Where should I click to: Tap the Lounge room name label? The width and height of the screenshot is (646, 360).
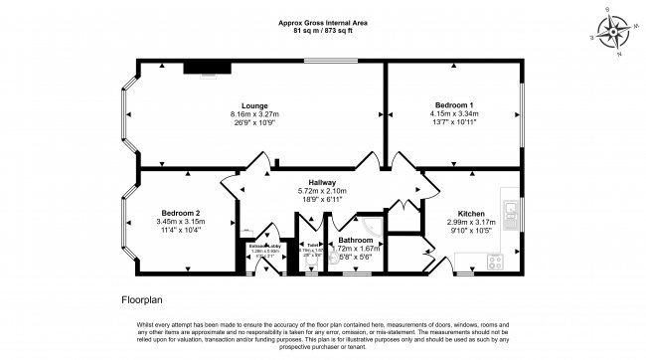coord(254,104)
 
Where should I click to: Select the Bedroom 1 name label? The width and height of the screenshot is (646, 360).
coord(453,104)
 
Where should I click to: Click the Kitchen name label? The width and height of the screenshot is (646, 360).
coord(471,213)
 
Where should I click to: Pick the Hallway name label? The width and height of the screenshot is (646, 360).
coord(322,182)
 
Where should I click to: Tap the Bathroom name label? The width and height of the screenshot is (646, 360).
coord(356,241)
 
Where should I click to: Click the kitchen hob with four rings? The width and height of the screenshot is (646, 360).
coord(493,263)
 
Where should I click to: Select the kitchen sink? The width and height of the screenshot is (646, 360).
coord(511,210)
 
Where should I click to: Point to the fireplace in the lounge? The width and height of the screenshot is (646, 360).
coord(208,68)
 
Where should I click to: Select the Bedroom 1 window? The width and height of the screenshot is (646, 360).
coord(522,115)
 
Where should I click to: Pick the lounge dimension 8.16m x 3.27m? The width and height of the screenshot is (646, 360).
coord(254,113)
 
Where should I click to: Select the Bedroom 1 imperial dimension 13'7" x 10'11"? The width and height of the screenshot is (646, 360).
coord(453,121)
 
